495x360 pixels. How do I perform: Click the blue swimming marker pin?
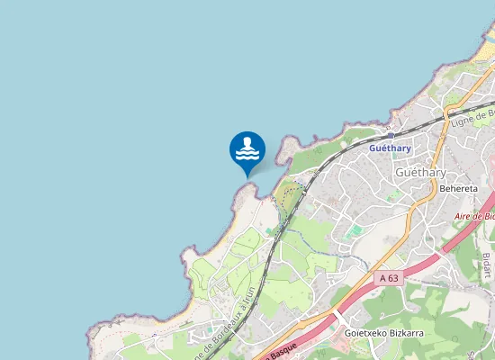tap(247, 150)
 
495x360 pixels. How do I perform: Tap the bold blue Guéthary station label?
tap(390, 148)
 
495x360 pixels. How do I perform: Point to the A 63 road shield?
tap(389, 279)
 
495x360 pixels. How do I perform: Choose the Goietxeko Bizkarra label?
tap(384, 333)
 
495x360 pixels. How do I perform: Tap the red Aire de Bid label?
tap(474, 217)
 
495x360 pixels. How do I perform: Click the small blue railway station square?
tap(390, 136)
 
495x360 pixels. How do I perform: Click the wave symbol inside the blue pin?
tap(247, 154)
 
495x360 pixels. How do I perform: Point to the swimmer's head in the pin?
tap(247, 141)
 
